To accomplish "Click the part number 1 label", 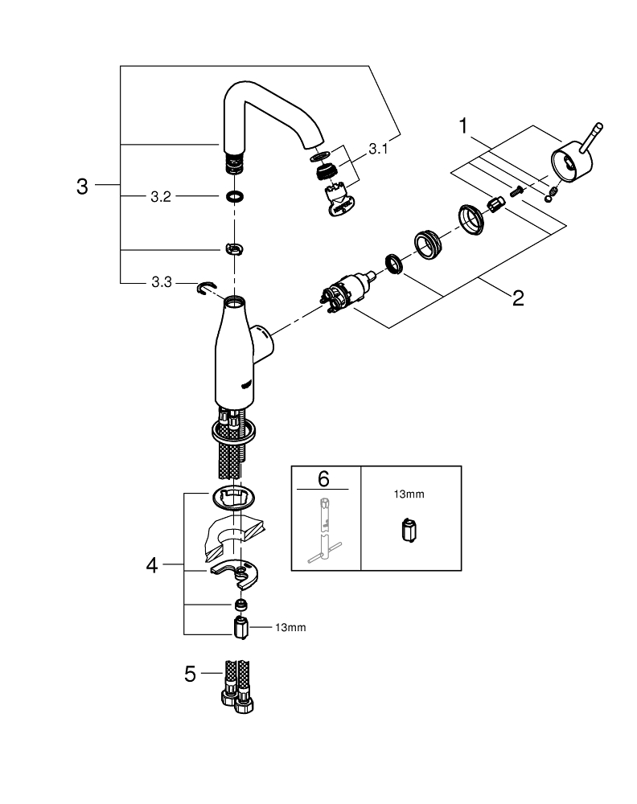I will pos(463,125).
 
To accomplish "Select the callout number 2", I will pos(517,298).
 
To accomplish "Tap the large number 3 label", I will pos(81,187).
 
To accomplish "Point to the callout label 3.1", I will pos(376,149).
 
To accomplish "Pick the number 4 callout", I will pos(152,565).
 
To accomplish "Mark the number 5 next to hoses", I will pos(191,674).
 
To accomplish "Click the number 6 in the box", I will pos(324,479).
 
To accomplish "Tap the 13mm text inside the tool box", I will pos(409,494).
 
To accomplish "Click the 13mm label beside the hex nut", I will pos(291,626).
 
